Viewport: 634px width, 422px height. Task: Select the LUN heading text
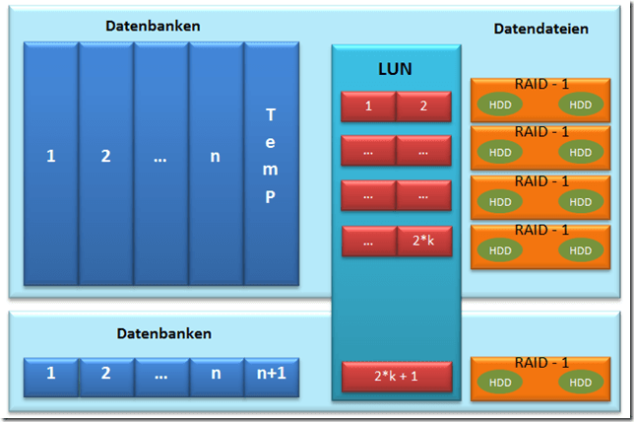pos(396,70)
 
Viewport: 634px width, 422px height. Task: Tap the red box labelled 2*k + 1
pos(396,377)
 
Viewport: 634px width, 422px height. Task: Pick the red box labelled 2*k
pos(423,242)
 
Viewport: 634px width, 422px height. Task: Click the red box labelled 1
pos(368,105)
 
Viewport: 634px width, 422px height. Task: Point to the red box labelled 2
pos(423,105)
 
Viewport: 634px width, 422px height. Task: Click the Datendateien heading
pos(540,29)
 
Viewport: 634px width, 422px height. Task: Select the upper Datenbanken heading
pos(153,26)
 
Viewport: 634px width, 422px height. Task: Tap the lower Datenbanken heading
pos(163,334)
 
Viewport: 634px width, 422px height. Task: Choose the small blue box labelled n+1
pos(271,376)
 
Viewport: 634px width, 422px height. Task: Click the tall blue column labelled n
pos(216,156)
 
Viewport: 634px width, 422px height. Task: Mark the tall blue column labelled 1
pos(51,156)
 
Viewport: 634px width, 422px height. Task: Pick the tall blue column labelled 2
pos(106,156)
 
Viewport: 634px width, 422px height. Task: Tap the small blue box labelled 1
pos(51,376)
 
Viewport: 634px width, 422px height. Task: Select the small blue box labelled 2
pos(106,376)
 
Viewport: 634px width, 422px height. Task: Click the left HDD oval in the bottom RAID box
pos(501,383)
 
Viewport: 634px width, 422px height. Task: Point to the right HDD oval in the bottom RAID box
pos(581,383)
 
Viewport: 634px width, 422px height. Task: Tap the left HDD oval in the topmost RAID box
pos(501,105)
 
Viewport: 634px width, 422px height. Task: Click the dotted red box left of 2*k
pos(368,242)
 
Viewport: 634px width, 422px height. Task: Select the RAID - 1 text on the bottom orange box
pos(541,363)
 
